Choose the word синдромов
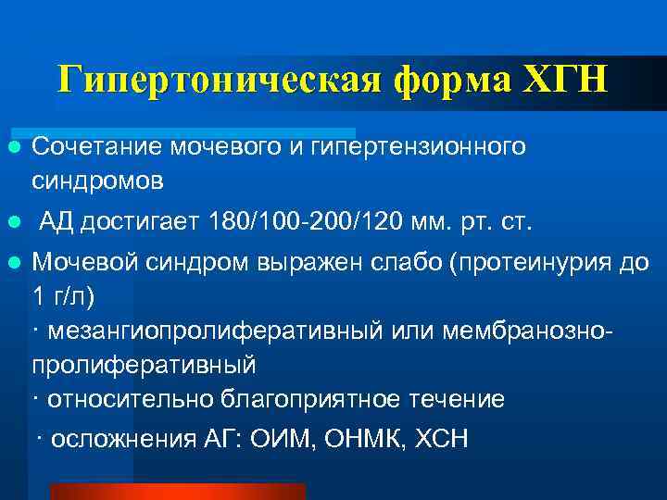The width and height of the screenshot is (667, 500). pyautogui.click(x=98, y=181)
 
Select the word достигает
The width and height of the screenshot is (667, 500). pyautogui.click(x=143, y=223)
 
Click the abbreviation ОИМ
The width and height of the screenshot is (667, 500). pyautogui.click(x=283, y=438)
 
